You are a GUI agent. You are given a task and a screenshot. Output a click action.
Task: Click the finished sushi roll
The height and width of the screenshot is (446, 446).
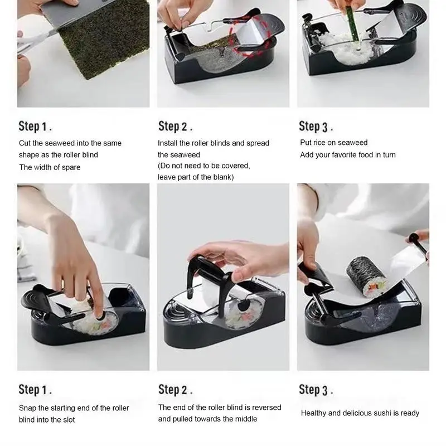[367, 277]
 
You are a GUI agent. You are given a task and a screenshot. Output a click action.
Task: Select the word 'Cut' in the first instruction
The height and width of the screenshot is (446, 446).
[25, 143]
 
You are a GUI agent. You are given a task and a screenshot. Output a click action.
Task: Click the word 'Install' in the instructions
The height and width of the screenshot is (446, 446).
[167, 143]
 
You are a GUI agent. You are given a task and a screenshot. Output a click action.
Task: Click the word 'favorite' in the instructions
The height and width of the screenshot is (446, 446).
[345, 155]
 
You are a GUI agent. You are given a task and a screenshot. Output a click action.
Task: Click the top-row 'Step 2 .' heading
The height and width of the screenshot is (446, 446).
[175, 127]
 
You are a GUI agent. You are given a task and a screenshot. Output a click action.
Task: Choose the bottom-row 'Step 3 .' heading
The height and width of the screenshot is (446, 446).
[316, 390]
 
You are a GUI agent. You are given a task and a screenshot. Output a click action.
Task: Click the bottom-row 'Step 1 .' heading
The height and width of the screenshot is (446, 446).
[35, 390]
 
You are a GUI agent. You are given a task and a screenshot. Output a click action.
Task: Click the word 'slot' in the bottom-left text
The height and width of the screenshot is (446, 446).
[69, 420]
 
